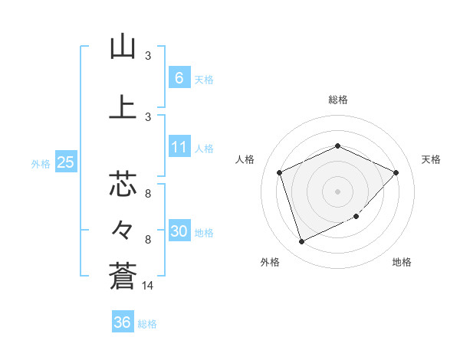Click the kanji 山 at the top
(x=123, y=47)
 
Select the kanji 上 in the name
(x=123, y=107)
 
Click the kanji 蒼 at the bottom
(x=123, y=274)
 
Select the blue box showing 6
(x=179, y=77)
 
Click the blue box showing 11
(x=179, y=147)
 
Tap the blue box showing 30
(x=179, y=232)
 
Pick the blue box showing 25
(x=65, y=162)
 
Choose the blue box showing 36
(x=123, y=322)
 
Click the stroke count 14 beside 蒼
(x=148, y=285)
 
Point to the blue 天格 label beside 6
(x=204, y=79)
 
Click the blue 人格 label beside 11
(x=204, y=149)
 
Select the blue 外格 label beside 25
(x=41, y=163)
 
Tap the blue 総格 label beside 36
(x=147, y=324)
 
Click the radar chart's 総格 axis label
(x=338, y=100)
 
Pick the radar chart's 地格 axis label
(x=402, y=262)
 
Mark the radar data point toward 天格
(x=396, y=172)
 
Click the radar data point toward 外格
(x=301, y=242)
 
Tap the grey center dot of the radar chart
(x=338, y=191)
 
